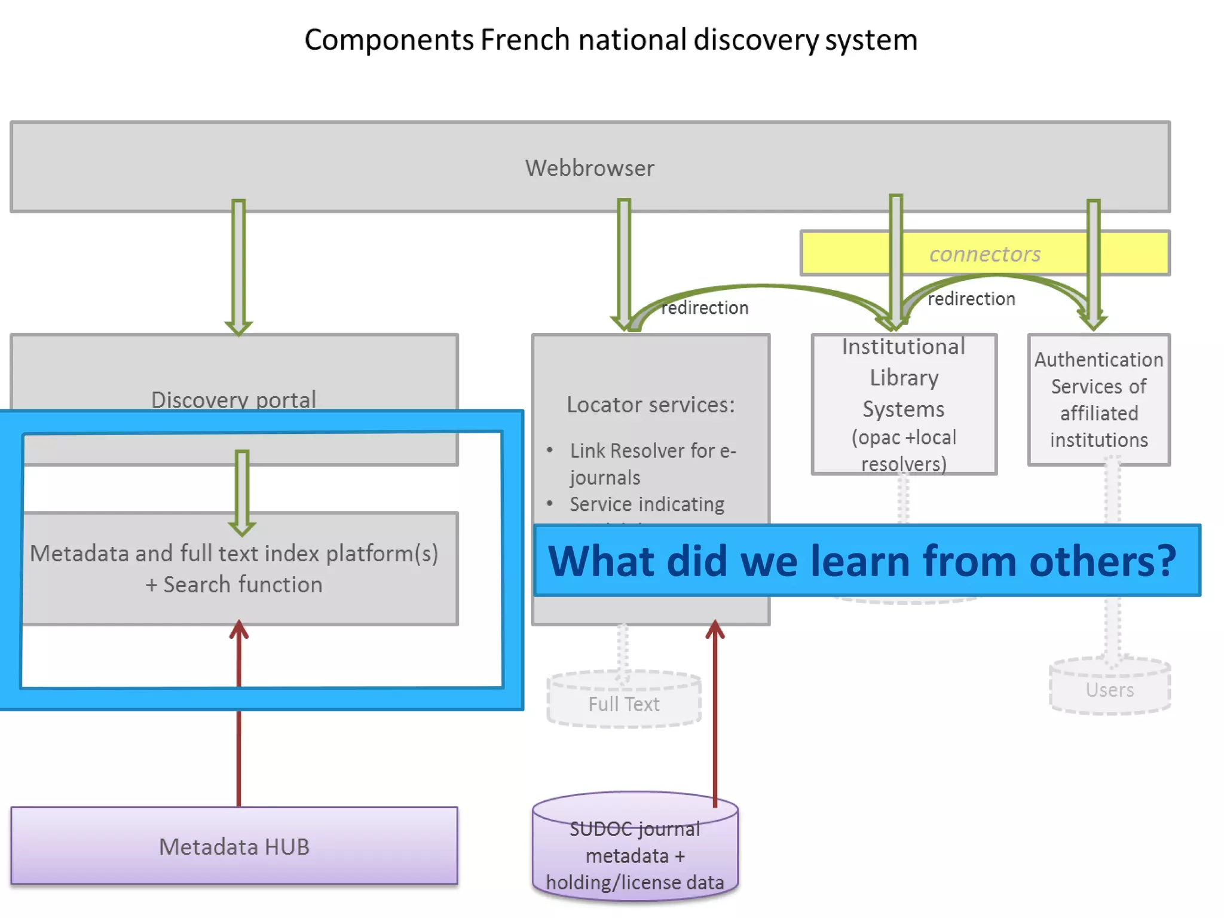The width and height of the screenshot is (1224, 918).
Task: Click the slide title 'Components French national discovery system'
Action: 611,40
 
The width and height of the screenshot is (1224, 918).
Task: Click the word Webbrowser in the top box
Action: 589,168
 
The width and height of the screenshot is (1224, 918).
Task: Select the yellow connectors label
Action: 984,254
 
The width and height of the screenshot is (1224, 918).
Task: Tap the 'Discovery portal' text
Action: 234,399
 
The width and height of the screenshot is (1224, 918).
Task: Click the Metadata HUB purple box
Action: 234,846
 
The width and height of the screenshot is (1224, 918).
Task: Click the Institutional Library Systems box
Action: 904,405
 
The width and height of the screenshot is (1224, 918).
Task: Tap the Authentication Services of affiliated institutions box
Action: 1098,399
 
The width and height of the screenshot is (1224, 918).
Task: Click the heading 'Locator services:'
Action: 650,405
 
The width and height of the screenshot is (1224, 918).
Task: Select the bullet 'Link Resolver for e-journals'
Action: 651,464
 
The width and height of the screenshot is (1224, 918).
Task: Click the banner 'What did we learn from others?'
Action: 862,561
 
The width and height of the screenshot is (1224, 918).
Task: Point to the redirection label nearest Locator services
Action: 704,308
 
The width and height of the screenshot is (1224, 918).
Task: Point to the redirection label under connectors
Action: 971,299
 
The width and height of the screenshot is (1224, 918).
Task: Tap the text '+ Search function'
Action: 234,585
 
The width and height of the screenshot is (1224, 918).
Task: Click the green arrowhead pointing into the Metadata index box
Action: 242,526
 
